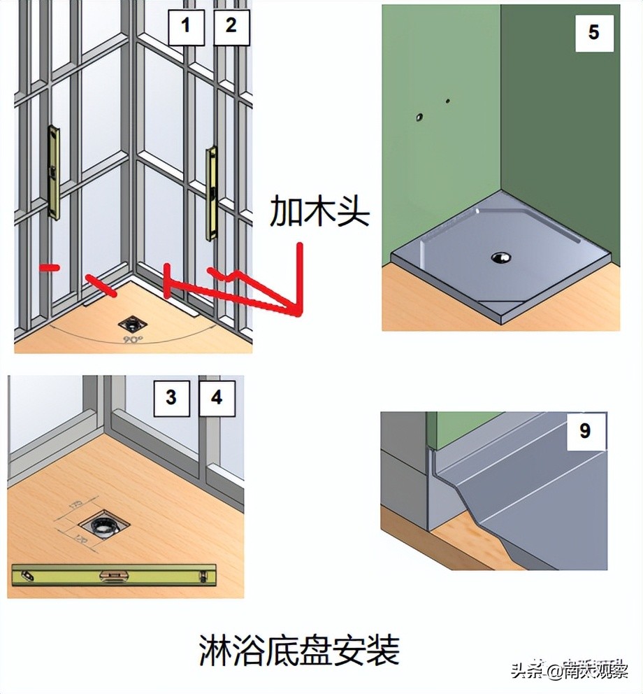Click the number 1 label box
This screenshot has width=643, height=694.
(x=185, y=27)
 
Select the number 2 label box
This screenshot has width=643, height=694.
(x=231, y=27)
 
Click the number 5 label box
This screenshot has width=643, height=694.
(x=593, y=32)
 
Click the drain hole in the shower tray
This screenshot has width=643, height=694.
(x=500, y=257)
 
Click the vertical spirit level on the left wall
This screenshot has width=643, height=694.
(x=53, y=172)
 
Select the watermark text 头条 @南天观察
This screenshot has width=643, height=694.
(x=569, y=672)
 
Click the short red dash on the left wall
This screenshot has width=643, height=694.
(x=48, y=268)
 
